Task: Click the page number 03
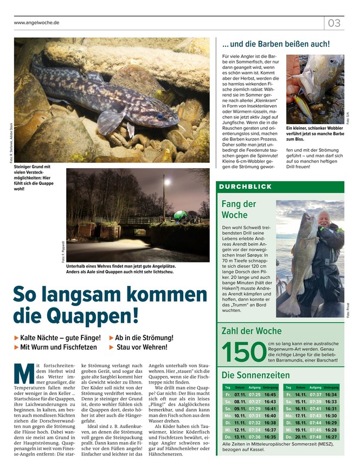point(334,23)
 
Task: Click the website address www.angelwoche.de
point(37,23)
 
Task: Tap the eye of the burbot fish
point(159,116)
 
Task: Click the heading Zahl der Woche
point(252,330)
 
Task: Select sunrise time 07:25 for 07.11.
point(255,394)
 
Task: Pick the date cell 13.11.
point(240,437)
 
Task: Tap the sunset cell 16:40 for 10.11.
point(270,416)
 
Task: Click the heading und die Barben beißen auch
point(276,44)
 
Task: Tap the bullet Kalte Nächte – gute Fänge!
point(57,338)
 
